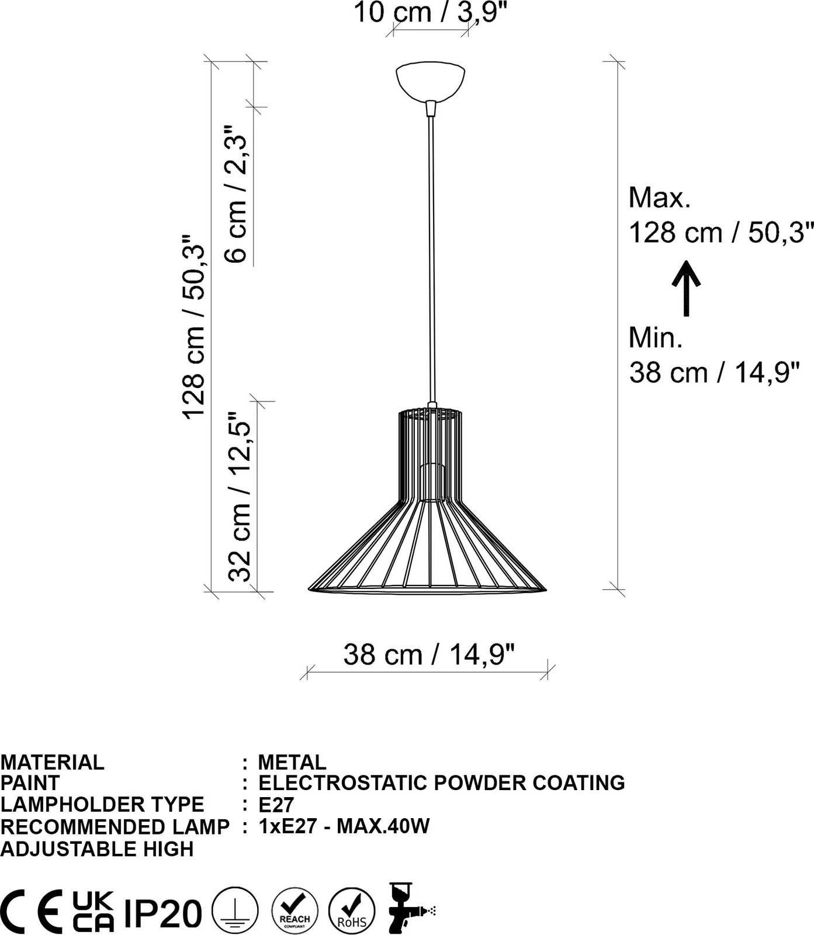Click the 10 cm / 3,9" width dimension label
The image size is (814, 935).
click(429, 12)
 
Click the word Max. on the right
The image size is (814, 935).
click(660, 199)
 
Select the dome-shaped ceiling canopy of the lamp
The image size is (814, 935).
click(431, 81)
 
